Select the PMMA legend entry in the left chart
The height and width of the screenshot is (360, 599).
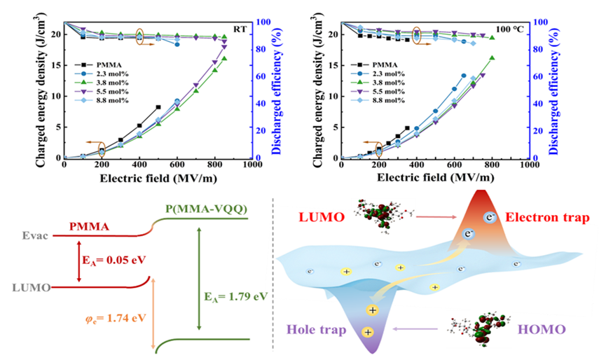tap(102, 62)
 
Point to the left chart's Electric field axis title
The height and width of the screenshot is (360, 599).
tap(157, 178)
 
